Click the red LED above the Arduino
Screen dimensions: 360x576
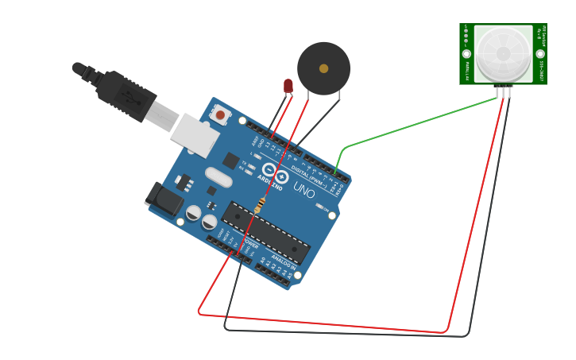(x=288, y=86)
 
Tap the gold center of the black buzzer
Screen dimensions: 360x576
(x=323, y=68)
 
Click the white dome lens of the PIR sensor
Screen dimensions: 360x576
(x=503, y=54)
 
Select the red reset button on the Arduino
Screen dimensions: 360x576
(x=220, y=115)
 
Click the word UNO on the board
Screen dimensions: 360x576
(x=303, y=189)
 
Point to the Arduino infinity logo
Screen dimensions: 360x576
(x=275, y=173)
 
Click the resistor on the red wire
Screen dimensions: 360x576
(x=259, y=205)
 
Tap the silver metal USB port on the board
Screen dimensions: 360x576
(x=195, y=135)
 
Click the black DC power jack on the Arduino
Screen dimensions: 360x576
(x=164, y=199)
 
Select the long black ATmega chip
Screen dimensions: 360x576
(x=265, y=232)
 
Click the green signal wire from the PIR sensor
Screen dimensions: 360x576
(x=413, y=125)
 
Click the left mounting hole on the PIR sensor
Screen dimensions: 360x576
(x=466, y=54)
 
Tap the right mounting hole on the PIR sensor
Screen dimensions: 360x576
(x=540, y=54)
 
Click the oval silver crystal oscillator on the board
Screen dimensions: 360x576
(x=218, y=177)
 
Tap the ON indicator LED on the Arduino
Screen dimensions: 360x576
(x=319, y=207)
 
